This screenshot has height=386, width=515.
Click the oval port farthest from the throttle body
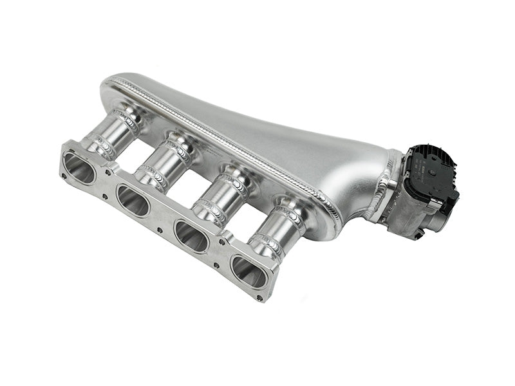[x=79, y=169]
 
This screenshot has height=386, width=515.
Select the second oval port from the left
[x=133, y=201]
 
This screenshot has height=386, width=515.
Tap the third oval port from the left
[x=191, y=236]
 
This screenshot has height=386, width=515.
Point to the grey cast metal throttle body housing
[x=406, y=212]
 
